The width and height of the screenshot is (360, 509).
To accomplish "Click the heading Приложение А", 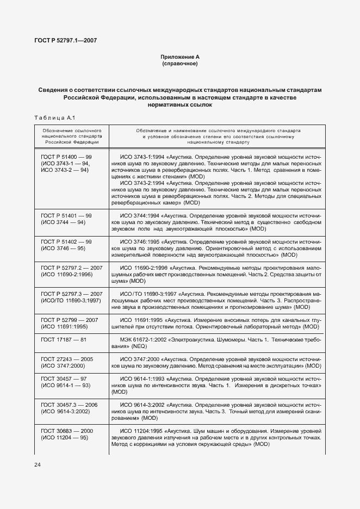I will pyautogui.click(x=179, y=57).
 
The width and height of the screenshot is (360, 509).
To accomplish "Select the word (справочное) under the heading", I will pyautogui.click(x=179, y=64).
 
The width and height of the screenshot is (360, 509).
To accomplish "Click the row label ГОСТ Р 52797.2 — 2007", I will pyautogui.click(x=71, y=268).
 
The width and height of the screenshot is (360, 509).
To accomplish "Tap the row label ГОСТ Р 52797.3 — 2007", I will pyautogui.click(x=71, y=294).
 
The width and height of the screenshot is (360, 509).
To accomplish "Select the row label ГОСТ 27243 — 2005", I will pyautogui.click(x=67, y=359).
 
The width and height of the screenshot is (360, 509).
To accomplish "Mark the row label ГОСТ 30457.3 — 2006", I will pyautogui.click(x=69, y=405).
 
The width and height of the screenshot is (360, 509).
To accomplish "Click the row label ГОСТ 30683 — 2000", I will pyautogui.click(x=67, y=431).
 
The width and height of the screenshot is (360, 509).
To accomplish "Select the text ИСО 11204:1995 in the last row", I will pyautogui.click(x=141, y=431).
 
